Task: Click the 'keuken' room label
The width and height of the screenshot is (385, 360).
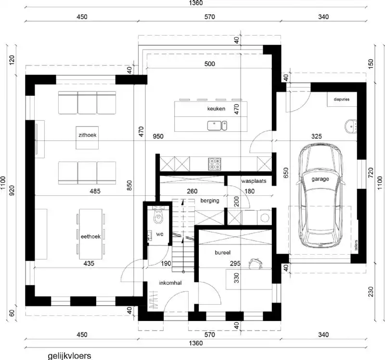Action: tap(216, 109)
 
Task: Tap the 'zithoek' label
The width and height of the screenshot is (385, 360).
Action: tap(87, 135)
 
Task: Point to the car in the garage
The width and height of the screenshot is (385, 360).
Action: tap(320, 193)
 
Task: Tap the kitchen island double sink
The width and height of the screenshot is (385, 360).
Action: tap(218, 126)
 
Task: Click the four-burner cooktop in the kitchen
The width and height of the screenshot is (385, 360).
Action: tap(215, 164)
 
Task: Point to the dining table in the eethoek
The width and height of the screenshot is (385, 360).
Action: tap(90, 231)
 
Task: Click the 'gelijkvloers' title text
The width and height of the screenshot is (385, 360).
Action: tap(69, 356)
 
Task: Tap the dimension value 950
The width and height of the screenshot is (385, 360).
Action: tap(158, 137)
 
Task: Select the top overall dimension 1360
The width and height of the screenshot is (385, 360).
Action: tap(196, 3)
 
